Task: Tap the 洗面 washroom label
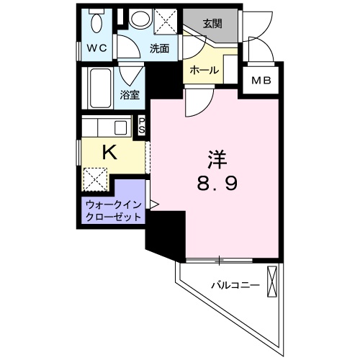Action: (159, 49)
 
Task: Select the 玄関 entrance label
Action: (212, 22)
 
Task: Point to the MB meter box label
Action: (261, 81)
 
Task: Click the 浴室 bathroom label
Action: (130, 94)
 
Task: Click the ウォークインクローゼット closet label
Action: (112, 210)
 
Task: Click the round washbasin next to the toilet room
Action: (140, 19)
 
